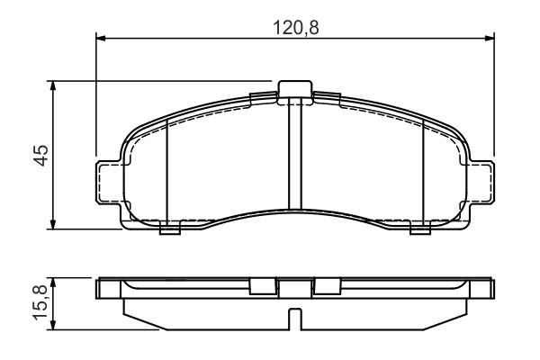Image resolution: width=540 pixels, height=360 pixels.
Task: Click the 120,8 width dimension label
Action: (296, 28)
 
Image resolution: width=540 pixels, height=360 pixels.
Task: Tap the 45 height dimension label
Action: (42, 155)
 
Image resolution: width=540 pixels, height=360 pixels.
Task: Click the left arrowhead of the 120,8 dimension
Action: (101, 38)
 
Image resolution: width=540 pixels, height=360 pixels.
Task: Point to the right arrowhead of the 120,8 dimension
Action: (490, 38)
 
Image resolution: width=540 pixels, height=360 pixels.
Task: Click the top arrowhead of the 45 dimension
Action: (53, 85)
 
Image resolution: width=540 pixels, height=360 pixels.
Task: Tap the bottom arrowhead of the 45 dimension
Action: (53, 225)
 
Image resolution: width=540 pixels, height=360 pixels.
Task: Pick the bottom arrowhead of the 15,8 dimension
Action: (53, 325)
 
